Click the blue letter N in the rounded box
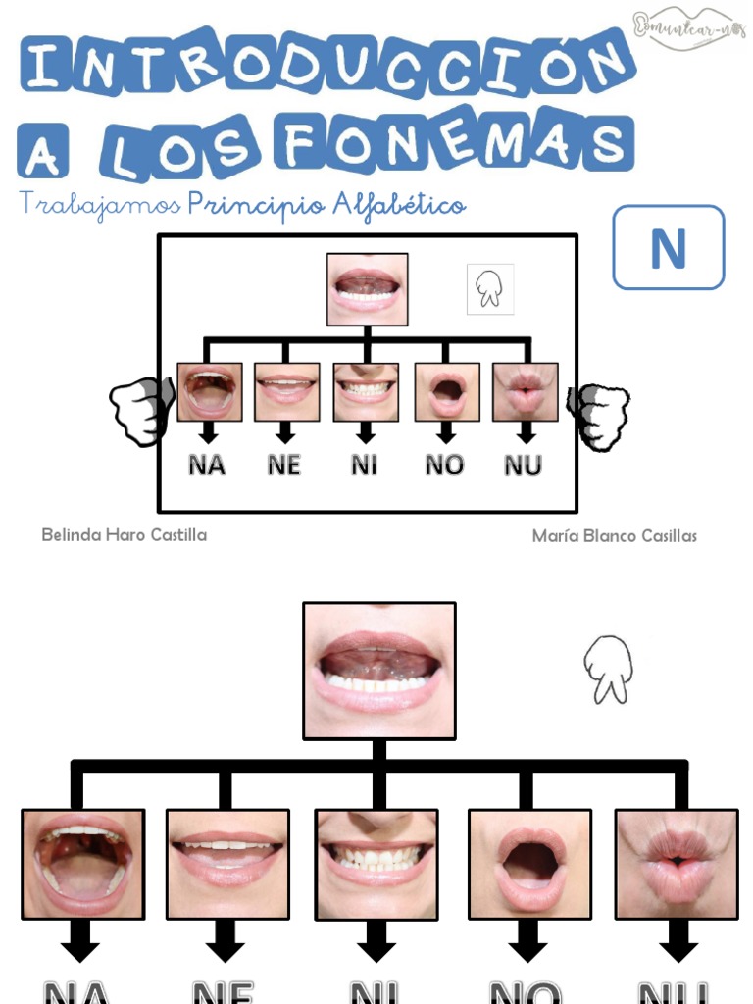(668, 249)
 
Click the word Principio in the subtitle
(256, 205)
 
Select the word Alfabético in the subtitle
(399, 205)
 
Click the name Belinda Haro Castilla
(124, 535)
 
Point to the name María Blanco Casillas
(614, 536)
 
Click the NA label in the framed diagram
(207, 465)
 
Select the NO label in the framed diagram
(444, 465)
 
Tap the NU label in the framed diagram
(524, 465)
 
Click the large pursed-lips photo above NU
(677, 864)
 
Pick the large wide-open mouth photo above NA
(83, 864)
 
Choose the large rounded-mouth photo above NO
(529, 864)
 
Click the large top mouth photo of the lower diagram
(379, 671)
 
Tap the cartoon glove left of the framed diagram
(140, 411)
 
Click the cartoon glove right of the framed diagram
(599, 416)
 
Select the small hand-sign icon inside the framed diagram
(489, 289)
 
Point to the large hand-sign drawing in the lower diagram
(608, 670)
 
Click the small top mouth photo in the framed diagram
(367, 289)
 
